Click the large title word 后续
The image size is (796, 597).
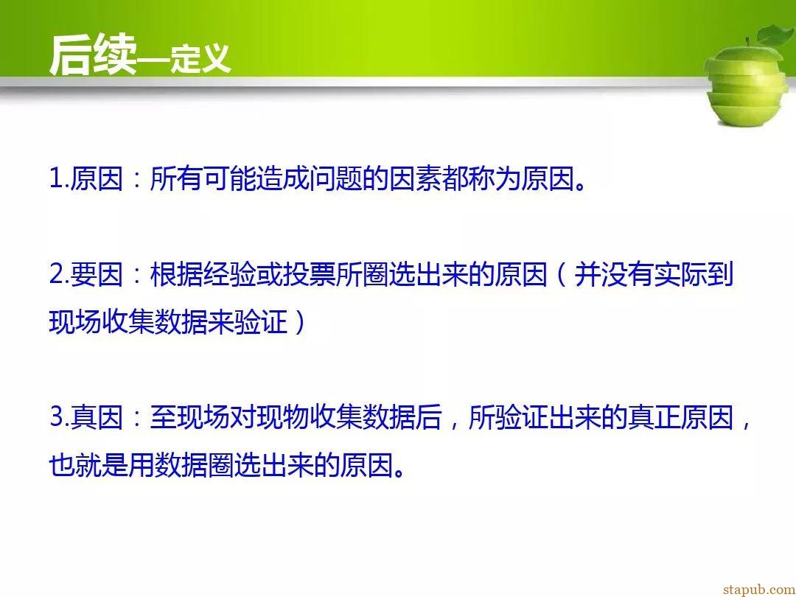coord(93,55)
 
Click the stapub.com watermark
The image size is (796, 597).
coord(759,590)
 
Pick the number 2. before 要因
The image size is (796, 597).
coord(60,275)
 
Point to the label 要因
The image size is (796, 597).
coord(97,275)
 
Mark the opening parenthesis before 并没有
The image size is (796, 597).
coord(560,275)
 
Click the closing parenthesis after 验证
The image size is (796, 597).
coord(299,322)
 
